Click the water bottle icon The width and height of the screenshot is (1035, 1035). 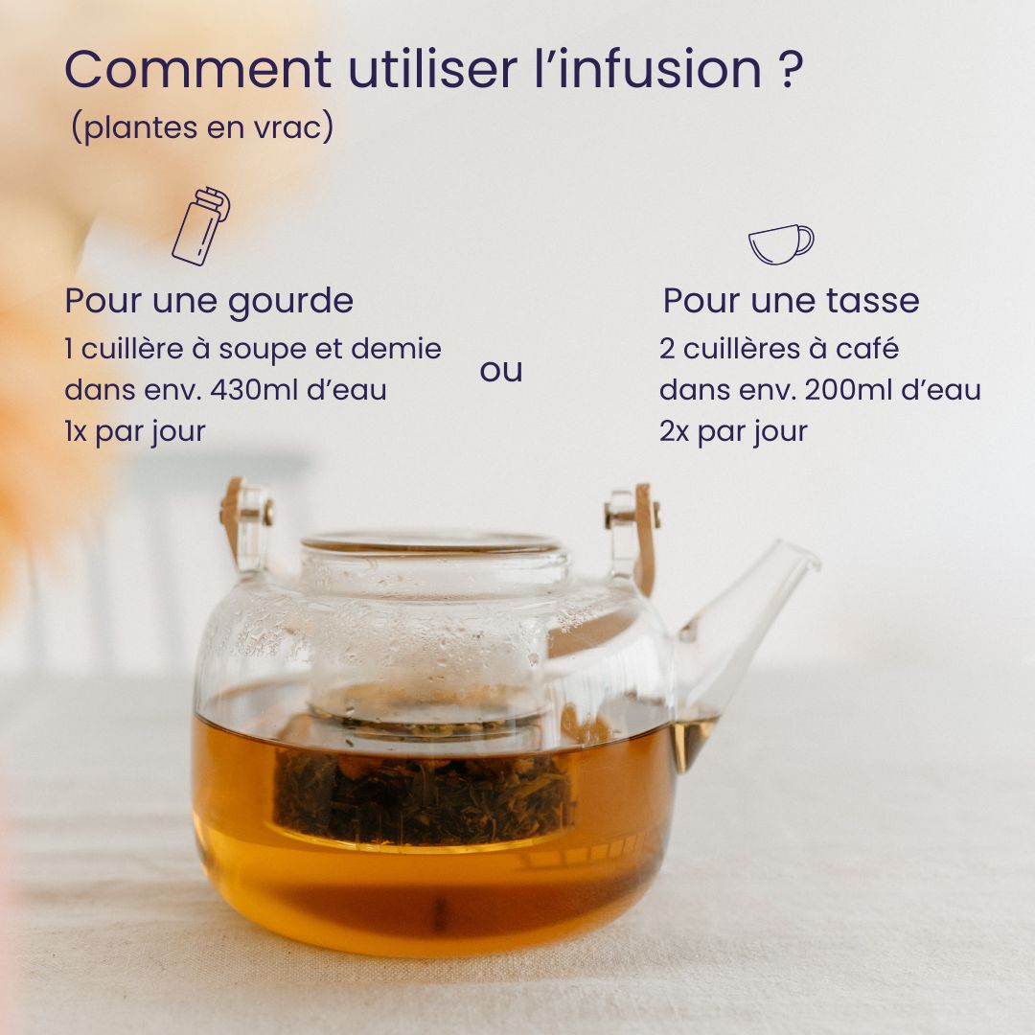[x=200, y=226]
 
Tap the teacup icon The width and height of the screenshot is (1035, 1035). [x=780, y=243]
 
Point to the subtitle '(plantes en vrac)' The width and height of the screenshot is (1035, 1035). [x=202, y=127]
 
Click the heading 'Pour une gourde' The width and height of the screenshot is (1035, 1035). [x=209, y=301]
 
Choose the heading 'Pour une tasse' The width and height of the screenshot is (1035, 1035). [x=791, y=301]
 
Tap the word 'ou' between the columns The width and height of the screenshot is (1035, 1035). [x=501, y=371]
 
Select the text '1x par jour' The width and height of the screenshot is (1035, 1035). [x=135, y=431]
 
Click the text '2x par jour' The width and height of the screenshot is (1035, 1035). [x=733, y=431]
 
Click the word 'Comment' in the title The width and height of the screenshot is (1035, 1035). [x=197, y=70]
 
